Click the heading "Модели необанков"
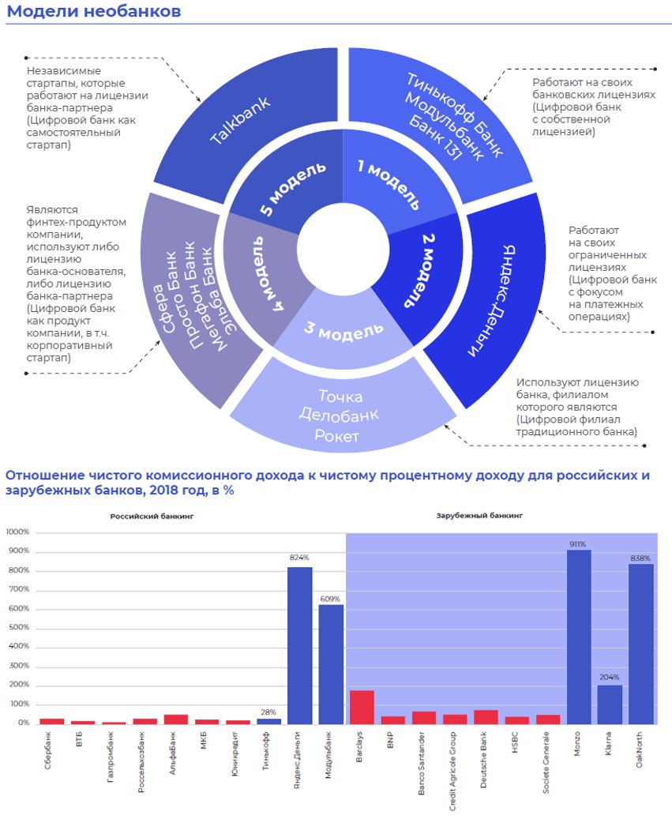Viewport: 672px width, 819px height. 94,12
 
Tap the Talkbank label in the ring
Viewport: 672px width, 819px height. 240,120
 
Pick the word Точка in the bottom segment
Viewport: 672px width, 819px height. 340,396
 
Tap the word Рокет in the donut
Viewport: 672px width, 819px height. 340,434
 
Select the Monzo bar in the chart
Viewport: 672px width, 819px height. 580,637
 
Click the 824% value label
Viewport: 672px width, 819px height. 299,558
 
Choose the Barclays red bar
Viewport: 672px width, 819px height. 362,707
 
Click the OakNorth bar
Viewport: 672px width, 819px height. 641,644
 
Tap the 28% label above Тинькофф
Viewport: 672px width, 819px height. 268,712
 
